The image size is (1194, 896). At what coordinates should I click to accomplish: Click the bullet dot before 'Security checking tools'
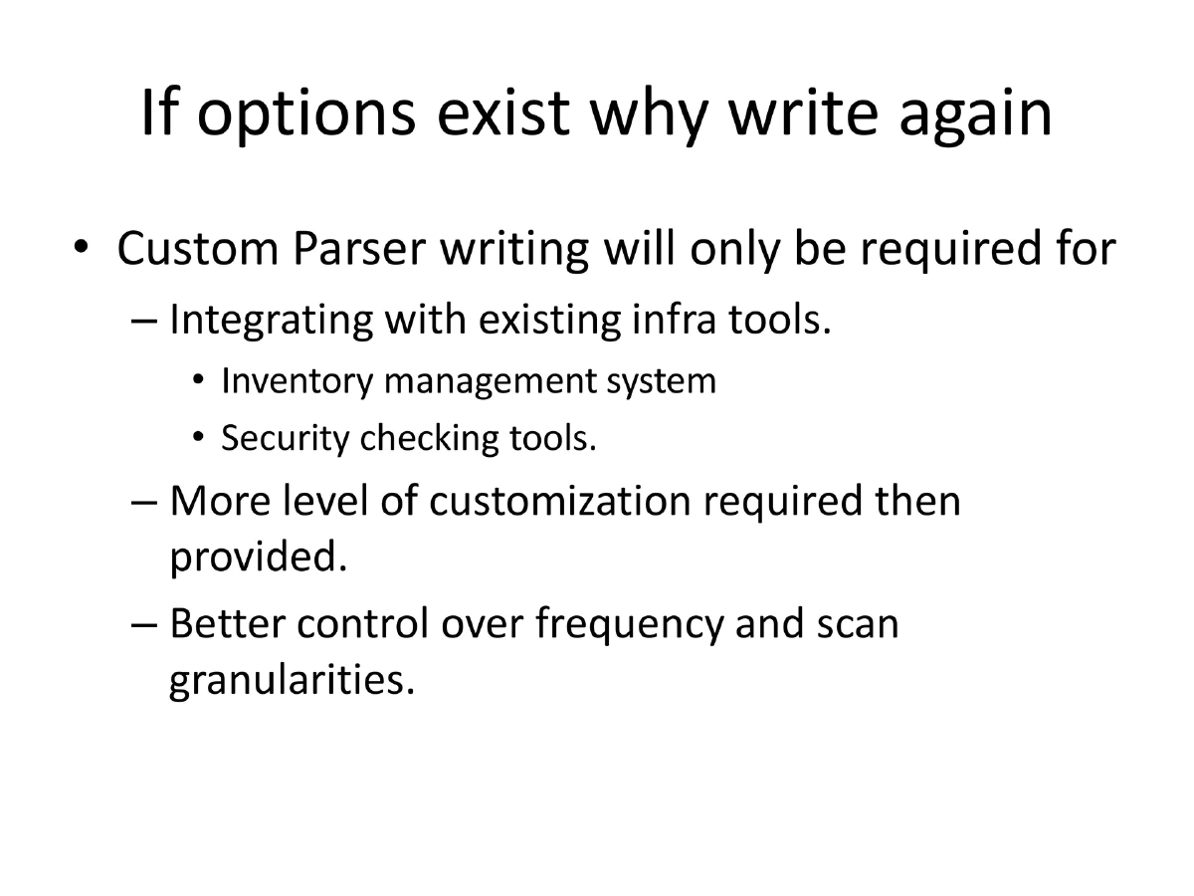pos(200,438)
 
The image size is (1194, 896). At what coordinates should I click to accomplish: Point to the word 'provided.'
pos(260,558)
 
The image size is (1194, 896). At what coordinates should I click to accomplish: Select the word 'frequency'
pos(628,624)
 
